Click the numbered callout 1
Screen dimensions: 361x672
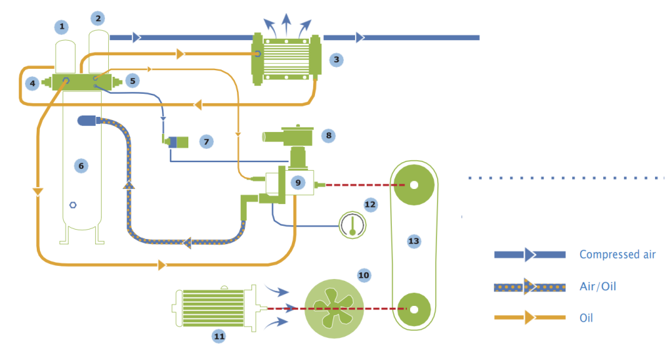pyautogui.click(x=62, y=27)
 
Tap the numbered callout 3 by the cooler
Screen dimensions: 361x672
pyautogui.click(x=336, y=60)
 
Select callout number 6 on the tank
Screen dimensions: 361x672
pyautogui.click(x=81, y=166)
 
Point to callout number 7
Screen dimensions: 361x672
pyautogui.click(x=206, y=141)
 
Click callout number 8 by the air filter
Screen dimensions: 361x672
pyautogui.click(x=329, y=136)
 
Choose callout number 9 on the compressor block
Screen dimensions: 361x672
pyautogui.click(x=299, y=182)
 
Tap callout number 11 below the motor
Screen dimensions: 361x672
pyautogui.click(x=219, y=336)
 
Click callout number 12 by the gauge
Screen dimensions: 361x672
pyautogui.click(x=370, y=205)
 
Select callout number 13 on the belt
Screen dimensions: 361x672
pyautogui.click(x=413, y=242)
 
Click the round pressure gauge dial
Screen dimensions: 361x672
pyautogui.click(x=352, y=226)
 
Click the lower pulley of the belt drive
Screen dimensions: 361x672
pyautogui.click(x=413, y=307)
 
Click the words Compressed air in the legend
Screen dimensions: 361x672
pyautogui.click(x=617, y=255)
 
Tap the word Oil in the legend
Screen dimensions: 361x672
pyautogui.click(x=587, y=318)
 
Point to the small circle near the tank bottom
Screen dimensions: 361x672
pyautogui.click(x=73, y=205)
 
